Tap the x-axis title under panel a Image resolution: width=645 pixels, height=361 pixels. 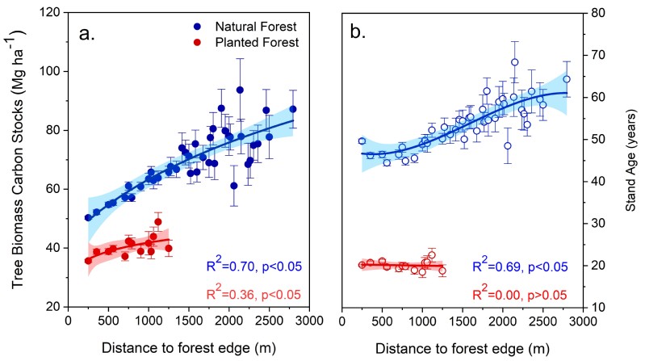(188, 348)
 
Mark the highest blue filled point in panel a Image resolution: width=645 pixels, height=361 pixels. (240, 90)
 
